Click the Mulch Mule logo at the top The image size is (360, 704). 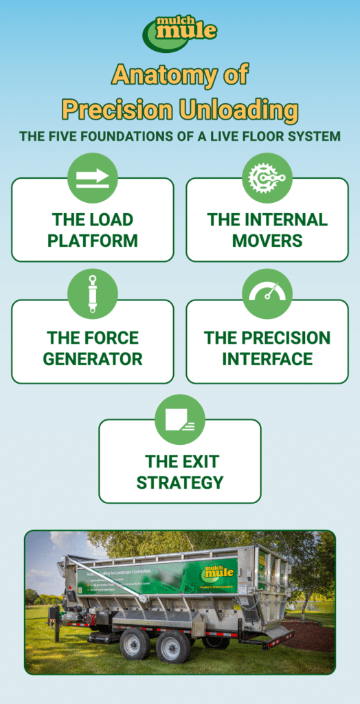(179, 32)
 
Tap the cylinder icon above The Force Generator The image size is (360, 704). (93, 294)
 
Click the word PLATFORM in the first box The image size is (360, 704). (93, 241)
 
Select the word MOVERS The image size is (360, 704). (267, 241)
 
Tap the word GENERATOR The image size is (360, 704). (93, 358)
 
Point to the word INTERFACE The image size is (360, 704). (267, 358)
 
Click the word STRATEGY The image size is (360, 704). (180, 482)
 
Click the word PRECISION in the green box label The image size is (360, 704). (267, 338)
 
